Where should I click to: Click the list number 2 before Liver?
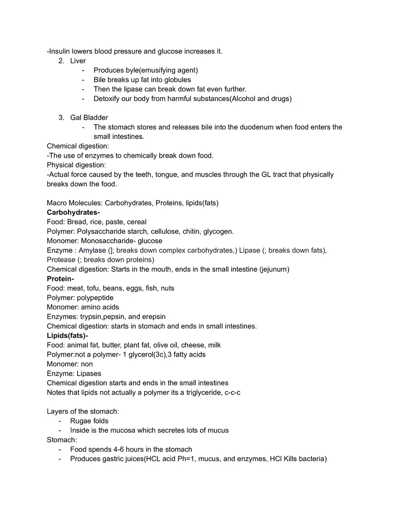coord(61,61)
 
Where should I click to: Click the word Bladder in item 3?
coord(95,118)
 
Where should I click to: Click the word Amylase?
coord(92,251)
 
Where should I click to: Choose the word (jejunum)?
coord(274,270)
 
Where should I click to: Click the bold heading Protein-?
coord(61,279)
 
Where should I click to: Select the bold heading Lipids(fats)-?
coord(67,336)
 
